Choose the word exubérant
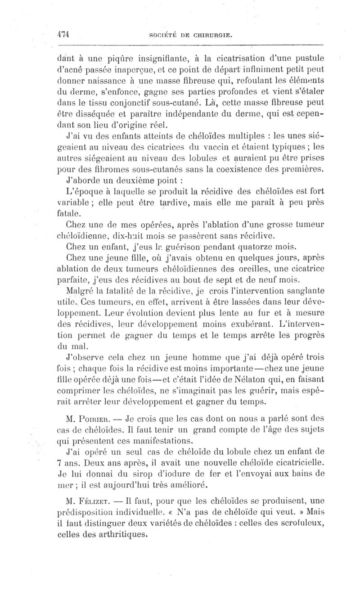coord(240,323)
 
